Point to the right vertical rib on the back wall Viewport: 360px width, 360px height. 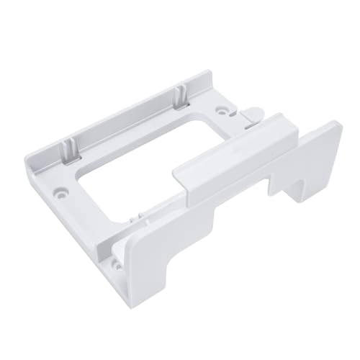click(179, 94)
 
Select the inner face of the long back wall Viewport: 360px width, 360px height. click(122, 122)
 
